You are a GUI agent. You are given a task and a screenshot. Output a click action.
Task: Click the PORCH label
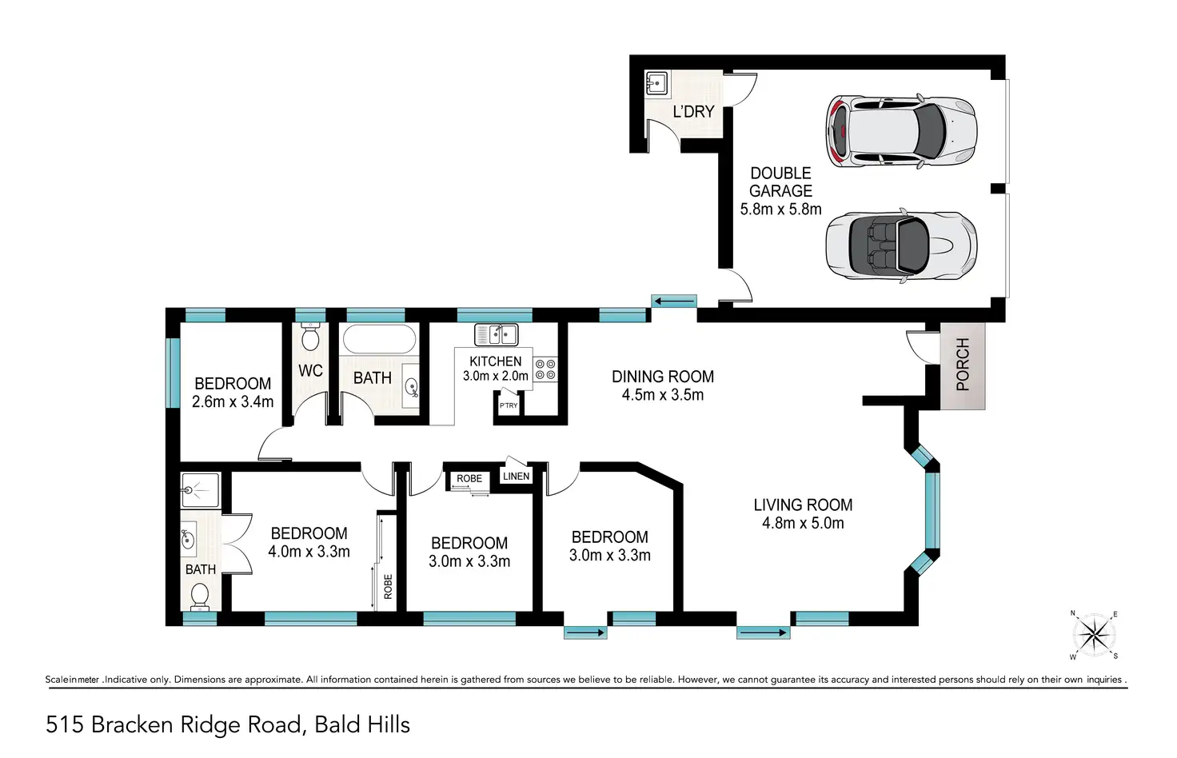click(963, 364)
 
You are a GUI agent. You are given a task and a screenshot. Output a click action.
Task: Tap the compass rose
click(1094, 635)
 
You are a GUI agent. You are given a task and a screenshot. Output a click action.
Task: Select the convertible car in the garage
click(901, 245)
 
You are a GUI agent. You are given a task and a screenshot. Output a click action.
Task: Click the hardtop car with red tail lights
click(901, 131)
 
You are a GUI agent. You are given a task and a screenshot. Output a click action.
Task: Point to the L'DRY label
click(693, 111)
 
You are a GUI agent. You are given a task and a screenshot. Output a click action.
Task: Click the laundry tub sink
click(656, 83)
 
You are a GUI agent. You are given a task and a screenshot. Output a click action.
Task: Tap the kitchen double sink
click(496, 334)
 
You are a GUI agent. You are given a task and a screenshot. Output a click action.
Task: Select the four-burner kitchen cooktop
click(545, 369)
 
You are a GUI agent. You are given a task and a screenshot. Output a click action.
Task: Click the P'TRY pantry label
click(508, 405)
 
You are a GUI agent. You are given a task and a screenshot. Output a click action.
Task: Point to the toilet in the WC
click(310, 337)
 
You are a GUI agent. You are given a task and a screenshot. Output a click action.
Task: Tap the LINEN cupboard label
click(516, 476)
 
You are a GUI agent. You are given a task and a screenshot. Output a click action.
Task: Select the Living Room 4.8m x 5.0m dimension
click(803, 523)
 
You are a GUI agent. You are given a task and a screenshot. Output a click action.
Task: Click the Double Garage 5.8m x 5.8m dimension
click(781, 209)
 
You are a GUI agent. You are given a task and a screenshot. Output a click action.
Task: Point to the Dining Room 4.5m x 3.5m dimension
click(663, 395)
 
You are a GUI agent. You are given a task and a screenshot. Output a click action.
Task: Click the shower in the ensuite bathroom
click(200, 490)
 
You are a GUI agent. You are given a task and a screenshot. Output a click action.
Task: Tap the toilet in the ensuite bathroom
click(200, 598)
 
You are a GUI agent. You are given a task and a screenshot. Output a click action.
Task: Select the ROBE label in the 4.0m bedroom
click(388, 587)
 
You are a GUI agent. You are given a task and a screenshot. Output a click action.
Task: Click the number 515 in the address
click(65, 725)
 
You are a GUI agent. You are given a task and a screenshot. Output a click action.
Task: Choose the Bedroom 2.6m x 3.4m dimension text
click(232, 402)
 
